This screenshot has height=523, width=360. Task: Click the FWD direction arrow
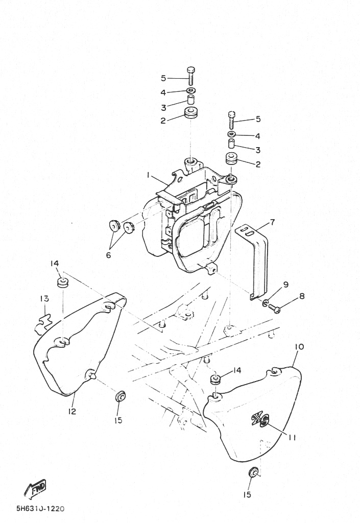point(35,489)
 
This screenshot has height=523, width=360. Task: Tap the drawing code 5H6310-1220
point(40,509)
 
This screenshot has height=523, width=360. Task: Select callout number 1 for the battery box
point(148,175)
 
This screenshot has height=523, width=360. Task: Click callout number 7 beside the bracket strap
point(272,222)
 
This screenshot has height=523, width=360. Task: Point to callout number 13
point(44,298)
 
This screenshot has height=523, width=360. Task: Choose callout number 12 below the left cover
point(73,411)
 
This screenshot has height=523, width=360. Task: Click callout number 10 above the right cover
point(299,347)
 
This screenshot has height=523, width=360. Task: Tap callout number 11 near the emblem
point(292,437)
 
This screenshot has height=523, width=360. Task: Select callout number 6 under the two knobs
point(108,255)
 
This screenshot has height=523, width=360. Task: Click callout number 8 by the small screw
point(302,296)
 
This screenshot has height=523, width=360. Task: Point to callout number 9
point(285,284)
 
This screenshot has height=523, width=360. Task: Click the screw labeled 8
point(274,308)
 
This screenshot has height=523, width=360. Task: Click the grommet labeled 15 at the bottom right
point(254,472)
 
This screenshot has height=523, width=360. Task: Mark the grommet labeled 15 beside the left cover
point(120,396)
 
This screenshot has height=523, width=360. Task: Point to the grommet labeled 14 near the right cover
point(215,380)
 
